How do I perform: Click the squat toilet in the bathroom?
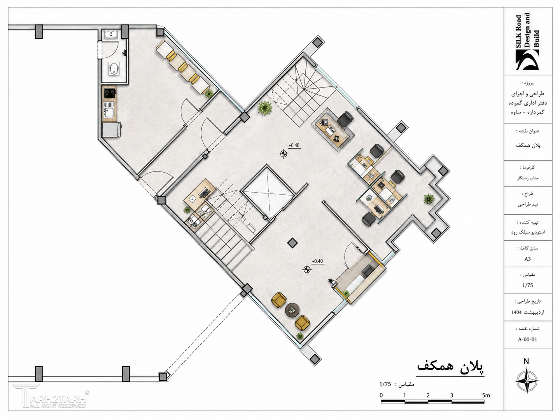point(113,69)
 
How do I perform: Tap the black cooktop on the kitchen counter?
point(110,93)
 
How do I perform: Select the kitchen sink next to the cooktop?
point(109,110)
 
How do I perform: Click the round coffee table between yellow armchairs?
point(292,310)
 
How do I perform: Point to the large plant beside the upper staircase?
point(265,108)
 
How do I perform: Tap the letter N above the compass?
point(526,361)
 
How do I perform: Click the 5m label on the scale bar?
point(486,395)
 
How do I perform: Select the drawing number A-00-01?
point(527,339)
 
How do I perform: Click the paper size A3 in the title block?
point(527,259)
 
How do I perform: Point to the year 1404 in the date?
point(516,312)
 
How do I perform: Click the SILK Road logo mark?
point(527,60)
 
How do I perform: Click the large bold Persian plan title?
point(450,367)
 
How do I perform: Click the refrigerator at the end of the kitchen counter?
point(111,129)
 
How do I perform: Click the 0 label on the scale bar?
point(381,395)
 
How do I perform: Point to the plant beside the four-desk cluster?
point(429,199)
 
